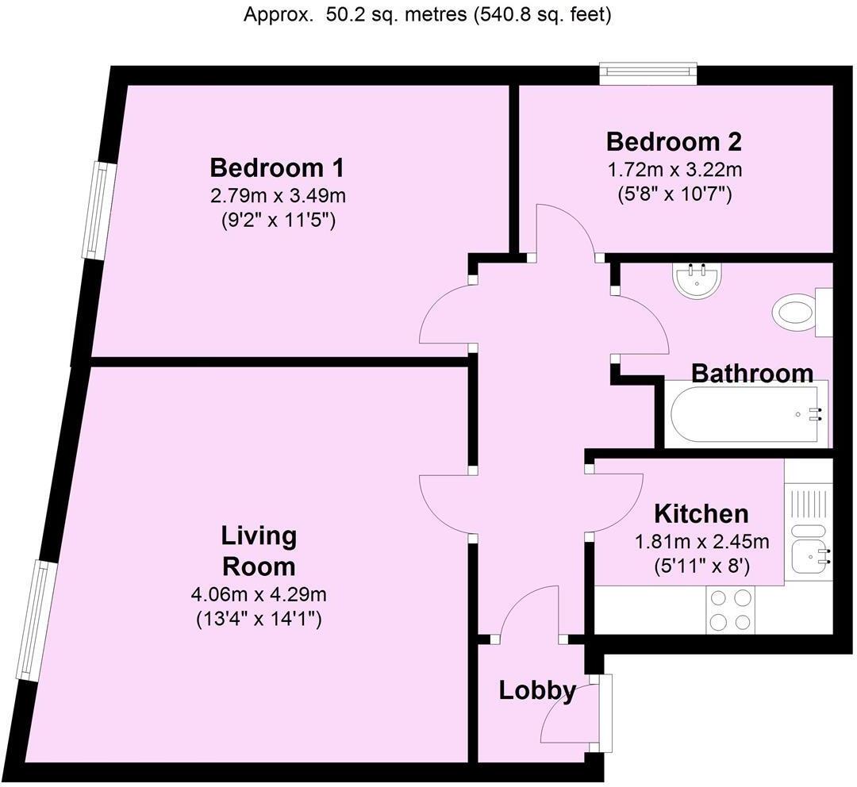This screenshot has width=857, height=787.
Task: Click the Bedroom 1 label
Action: pyautogui.click(x=277, y=168)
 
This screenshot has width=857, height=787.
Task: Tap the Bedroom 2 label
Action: pyautogui.click(x=674, y=142)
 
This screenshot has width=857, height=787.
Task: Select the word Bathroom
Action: pyautogui.click(x=752, y=373)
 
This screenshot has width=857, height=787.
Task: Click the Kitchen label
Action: pyautogui.click(x=701, y=513)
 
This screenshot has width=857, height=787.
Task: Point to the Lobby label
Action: pyautogui.click(x=537, y=691)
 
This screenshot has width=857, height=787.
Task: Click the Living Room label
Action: pyautogui.click(x=259, y=551)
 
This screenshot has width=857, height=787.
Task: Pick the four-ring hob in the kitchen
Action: pyautogui.click(x=730, y=610)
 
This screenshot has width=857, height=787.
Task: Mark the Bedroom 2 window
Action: pyautogui.click(x=648, y=74)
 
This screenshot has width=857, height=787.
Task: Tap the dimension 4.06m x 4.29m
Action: pyautogui.click(x=259, y=594)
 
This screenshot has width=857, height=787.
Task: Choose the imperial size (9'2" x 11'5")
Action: pyautogui.click(x=278, y=221)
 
